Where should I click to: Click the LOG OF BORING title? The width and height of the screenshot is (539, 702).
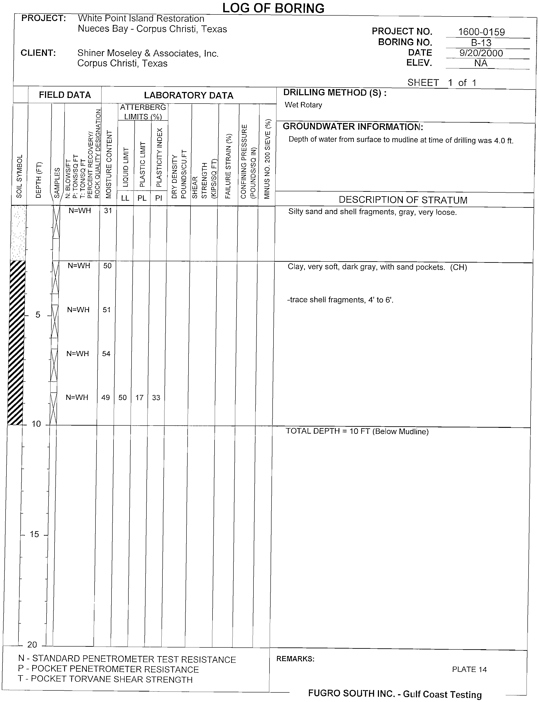[273, 8]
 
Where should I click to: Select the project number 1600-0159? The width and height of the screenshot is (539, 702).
[481, 32]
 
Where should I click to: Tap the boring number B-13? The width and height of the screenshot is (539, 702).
[481, 43]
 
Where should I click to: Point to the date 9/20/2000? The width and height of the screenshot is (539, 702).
[481, 53]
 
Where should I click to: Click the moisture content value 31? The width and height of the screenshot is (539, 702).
[108, 211]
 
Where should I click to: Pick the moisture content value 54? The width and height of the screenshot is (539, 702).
[106, 354]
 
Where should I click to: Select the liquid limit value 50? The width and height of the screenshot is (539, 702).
[123, 398]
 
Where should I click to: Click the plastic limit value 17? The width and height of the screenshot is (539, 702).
[139, 398]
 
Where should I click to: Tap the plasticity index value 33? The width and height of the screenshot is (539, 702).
[156, 398]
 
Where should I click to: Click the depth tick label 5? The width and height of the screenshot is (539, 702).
[38, 315]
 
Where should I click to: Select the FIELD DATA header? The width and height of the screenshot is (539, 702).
[65, 95]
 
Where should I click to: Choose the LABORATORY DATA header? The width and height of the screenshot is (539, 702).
[189, 95]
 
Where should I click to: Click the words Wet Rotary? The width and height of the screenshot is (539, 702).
[303, 105]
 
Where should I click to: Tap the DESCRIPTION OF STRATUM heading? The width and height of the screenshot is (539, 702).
[403, 200]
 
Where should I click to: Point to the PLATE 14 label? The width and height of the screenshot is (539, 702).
[469, 669]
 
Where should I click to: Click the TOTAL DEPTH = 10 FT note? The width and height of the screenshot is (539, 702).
[357, 431]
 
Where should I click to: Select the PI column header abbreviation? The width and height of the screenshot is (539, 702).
[158, 198]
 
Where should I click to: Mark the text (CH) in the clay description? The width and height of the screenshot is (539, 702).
[458, 267]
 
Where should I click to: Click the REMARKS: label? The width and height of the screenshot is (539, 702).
[295, 659]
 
